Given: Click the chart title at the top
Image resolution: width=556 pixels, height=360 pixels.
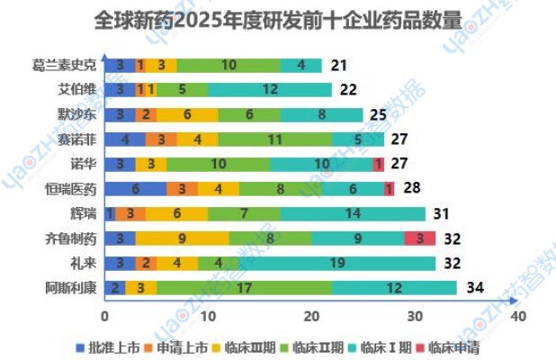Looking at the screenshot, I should point(278,20).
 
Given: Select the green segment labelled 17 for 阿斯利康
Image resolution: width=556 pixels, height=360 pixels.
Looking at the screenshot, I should point(243,288).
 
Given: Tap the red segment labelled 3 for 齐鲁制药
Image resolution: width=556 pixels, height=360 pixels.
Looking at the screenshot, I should point(419,238).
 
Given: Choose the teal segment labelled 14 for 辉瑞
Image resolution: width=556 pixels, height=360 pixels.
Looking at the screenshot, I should point(353,213).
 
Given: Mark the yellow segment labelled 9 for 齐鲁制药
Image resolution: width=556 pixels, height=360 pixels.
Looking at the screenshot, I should point(183,238).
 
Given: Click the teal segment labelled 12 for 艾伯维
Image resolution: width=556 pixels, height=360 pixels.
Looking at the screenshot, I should point(270,89).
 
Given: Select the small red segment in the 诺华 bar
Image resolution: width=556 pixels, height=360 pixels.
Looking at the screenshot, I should point(379,164).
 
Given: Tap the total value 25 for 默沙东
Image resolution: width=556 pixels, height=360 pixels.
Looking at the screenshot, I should point(378,114).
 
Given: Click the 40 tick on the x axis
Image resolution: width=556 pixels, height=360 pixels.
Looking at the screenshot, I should point(517,317).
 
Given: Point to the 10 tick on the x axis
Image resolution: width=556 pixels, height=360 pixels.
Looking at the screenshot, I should point(208,317).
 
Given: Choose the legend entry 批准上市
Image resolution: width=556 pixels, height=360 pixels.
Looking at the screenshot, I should point(113,346).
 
